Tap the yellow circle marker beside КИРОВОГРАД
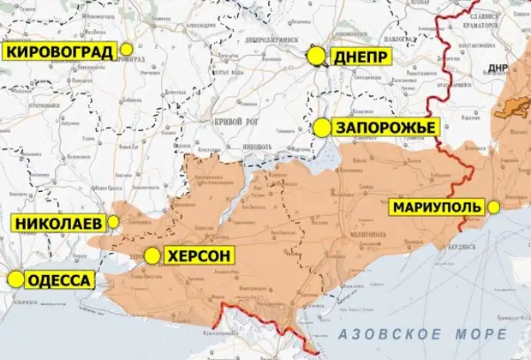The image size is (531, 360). point(128,51)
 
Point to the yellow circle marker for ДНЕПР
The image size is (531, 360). point(317,57)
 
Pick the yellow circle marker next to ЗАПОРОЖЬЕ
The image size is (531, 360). point(322,128)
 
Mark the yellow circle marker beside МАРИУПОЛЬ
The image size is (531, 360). point(495,207)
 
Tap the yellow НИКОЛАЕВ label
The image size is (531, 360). point(57,224)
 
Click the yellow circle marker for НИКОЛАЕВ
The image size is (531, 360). point(112,224)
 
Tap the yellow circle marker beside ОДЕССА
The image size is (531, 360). point(15,279)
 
